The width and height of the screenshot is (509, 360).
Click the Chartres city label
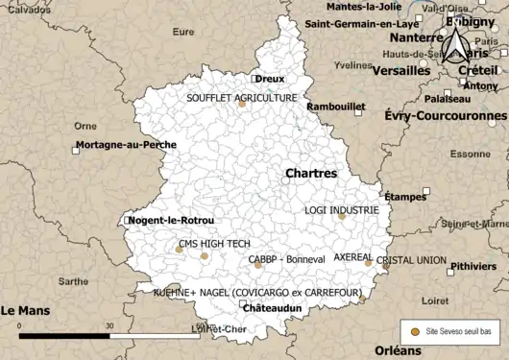[311, 174]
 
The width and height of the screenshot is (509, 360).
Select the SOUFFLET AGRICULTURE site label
[242, 98]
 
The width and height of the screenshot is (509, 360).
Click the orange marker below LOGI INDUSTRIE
[341, 216]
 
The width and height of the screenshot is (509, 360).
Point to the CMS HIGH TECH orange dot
[204, 256]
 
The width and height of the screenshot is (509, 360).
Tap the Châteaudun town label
[273, 308]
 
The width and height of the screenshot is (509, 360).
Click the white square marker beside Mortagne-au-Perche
[76, 147]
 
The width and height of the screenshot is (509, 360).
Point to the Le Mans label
[25, 310]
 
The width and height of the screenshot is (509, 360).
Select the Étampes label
[405, 197]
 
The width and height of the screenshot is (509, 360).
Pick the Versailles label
[400, 71]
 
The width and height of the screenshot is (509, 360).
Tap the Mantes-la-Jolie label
[365, 7]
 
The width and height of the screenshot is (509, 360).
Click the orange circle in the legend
[415, 331]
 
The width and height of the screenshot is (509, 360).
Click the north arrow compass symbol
[456, 43]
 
